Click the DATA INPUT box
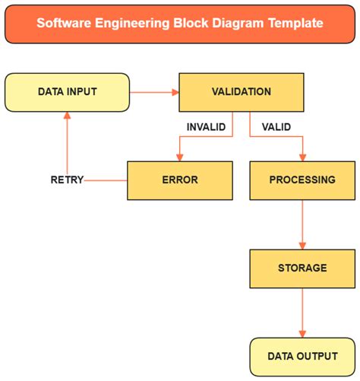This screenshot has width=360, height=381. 67,92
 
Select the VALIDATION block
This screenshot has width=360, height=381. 242,92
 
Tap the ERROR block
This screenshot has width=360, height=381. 179,180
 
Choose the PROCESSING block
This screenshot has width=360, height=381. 302,180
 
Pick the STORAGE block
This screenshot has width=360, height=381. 302,268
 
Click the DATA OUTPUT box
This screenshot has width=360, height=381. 302,356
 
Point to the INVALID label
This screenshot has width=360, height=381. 206,127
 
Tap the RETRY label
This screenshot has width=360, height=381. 66,180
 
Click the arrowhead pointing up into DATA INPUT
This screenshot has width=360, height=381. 67,116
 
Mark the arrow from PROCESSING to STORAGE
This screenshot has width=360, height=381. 302,224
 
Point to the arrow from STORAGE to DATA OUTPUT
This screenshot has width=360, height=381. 302,312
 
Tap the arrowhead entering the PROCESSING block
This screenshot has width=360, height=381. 302,157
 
